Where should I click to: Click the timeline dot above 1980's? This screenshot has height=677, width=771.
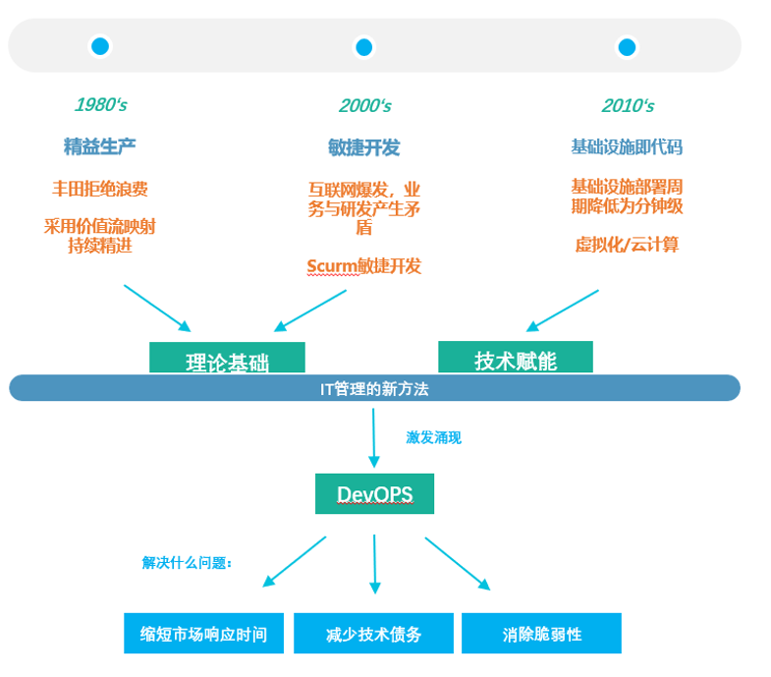99,46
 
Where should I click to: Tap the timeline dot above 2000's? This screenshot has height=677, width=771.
364,46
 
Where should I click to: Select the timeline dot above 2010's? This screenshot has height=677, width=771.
627,46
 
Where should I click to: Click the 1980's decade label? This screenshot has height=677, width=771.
100,105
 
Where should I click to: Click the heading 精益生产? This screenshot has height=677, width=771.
100,147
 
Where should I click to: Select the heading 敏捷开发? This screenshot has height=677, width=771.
364,148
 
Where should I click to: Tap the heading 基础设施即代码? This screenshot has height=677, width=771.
627,147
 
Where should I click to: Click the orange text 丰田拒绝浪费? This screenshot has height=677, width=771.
100,189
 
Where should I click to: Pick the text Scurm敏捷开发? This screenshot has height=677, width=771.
364,266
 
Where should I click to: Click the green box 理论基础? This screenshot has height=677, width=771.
227,359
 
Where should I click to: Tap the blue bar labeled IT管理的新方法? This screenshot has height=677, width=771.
374,389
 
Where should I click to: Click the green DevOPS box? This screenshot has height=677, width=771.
374,493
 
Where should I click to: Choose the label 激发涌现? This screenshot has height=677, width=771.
434,438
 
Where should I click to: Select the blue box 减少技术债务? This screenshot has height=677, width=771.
373,634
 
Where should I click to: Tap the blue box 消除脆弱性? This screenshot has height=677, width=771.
541,634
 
